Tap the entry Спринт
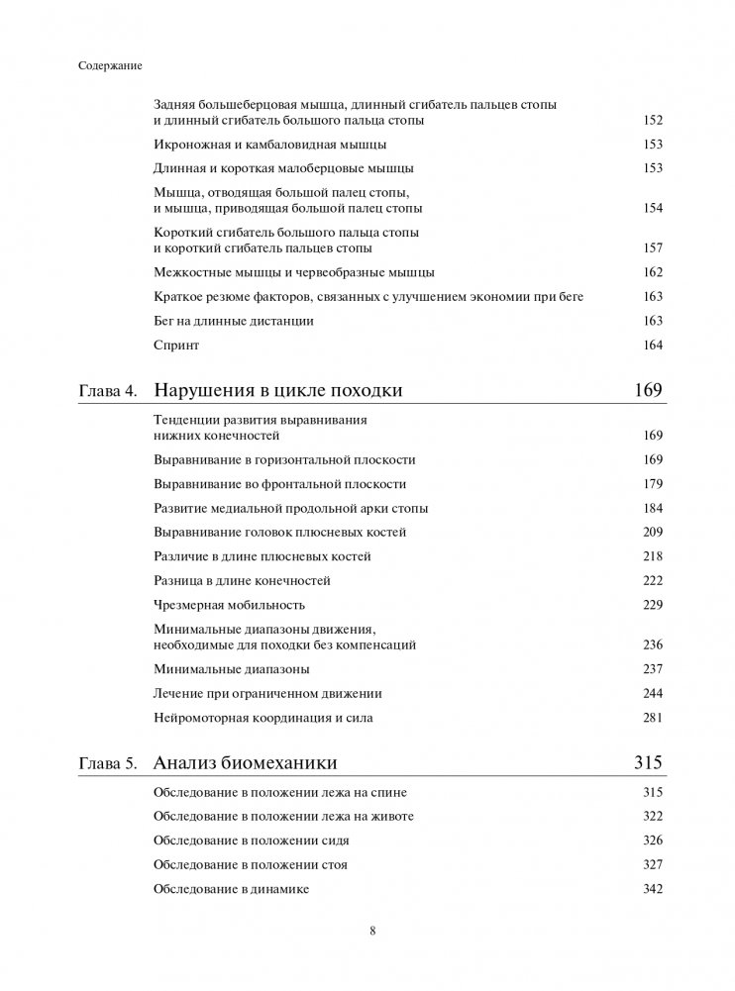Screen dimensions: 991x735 click(x=177, y=346)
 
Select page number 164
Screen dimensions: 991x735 click(x=652, y=346)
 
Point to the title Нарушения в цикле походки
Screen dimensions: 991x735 click(x=278, y=390)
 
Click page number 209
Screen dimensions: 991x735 click(x=652, y=533)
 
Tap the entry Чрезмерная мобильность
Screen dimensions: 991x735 click(x=230, y=605)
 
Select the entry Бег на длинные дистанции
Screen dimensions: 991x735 click(x=234, y=321)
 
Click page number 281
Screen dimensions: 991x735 click(x=652, y=718)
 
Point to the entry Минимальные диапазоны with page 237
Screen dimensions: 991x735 click(x=225, y=669)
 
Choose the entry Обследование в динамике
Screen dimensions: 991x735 click(x=232, y=889)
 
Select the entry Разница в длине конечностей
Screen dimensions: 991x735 click(x=243, y=581)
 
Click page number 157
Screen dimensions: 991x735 click(x=652, y=248)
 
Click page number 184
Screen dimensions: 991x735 click(x=652, y=509)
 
